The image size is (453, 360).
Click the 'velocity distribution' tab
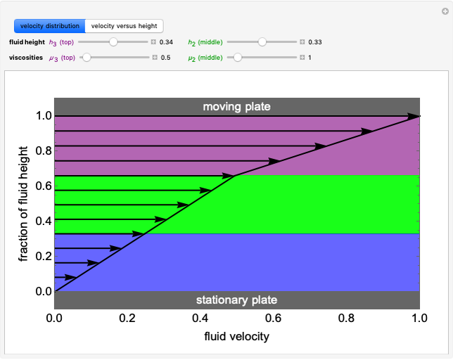coord(49,26)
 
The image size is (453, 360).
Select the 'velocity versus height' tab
coord(124,26)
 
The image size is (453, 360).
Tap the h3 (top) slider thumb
coord(113,42)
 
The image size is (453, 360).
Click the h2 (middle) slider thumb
coord(262,42)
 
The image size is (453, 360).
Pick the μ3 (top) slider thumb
coord(87,58)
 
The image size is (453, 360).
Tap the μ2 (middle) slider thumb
coord(238,58)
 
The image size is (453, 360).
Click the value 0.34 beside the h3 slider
coord(167,42)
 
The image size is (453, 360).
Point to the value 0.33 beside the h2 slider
coord(315,42)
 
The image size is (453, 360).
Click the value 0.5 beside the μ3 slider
coord(166,58)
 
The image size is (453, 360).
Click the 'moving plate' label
coord(236,107)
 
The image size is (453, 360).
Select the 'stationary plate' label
coord(236,300)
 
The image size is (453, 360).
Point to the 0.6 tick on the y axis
coord(44,186)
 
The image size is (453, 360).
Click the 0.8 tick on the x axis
coord(347,318)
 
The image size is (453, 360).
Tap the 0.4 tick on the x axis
coord(200,318)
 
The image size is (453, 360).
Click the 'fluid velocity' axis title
coord(236,336)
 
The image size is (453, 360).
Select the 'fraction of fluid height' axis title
coord(24,204)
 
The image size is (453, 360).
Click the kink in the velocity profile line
coord(235,175)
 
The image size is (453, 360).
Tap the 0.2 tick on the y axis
coord(44,256)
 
